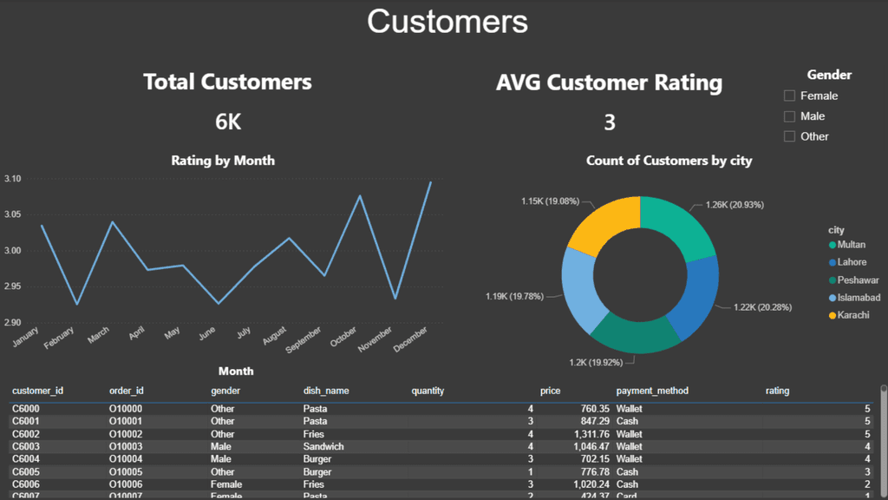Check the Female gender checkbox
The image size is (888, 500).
789,95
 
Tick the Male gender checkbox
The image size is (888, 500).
789,116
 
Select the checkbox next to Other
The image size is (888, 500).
789,136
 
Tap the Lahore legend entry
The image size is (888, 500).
851,262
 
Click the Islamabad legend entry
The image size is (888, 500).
858,298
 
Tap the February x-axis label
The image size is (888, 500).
60,339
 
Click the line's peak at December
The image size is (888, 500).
431,181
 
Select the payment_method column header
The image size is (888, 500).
651,391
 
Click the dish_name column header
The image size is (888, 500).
326,391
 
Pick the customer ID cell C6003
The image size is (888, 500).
26,446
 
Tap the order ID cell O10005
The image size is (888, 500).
126,471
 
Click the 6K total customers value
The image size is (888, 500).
228,122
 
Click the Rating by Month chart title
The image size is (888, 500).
223,161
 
